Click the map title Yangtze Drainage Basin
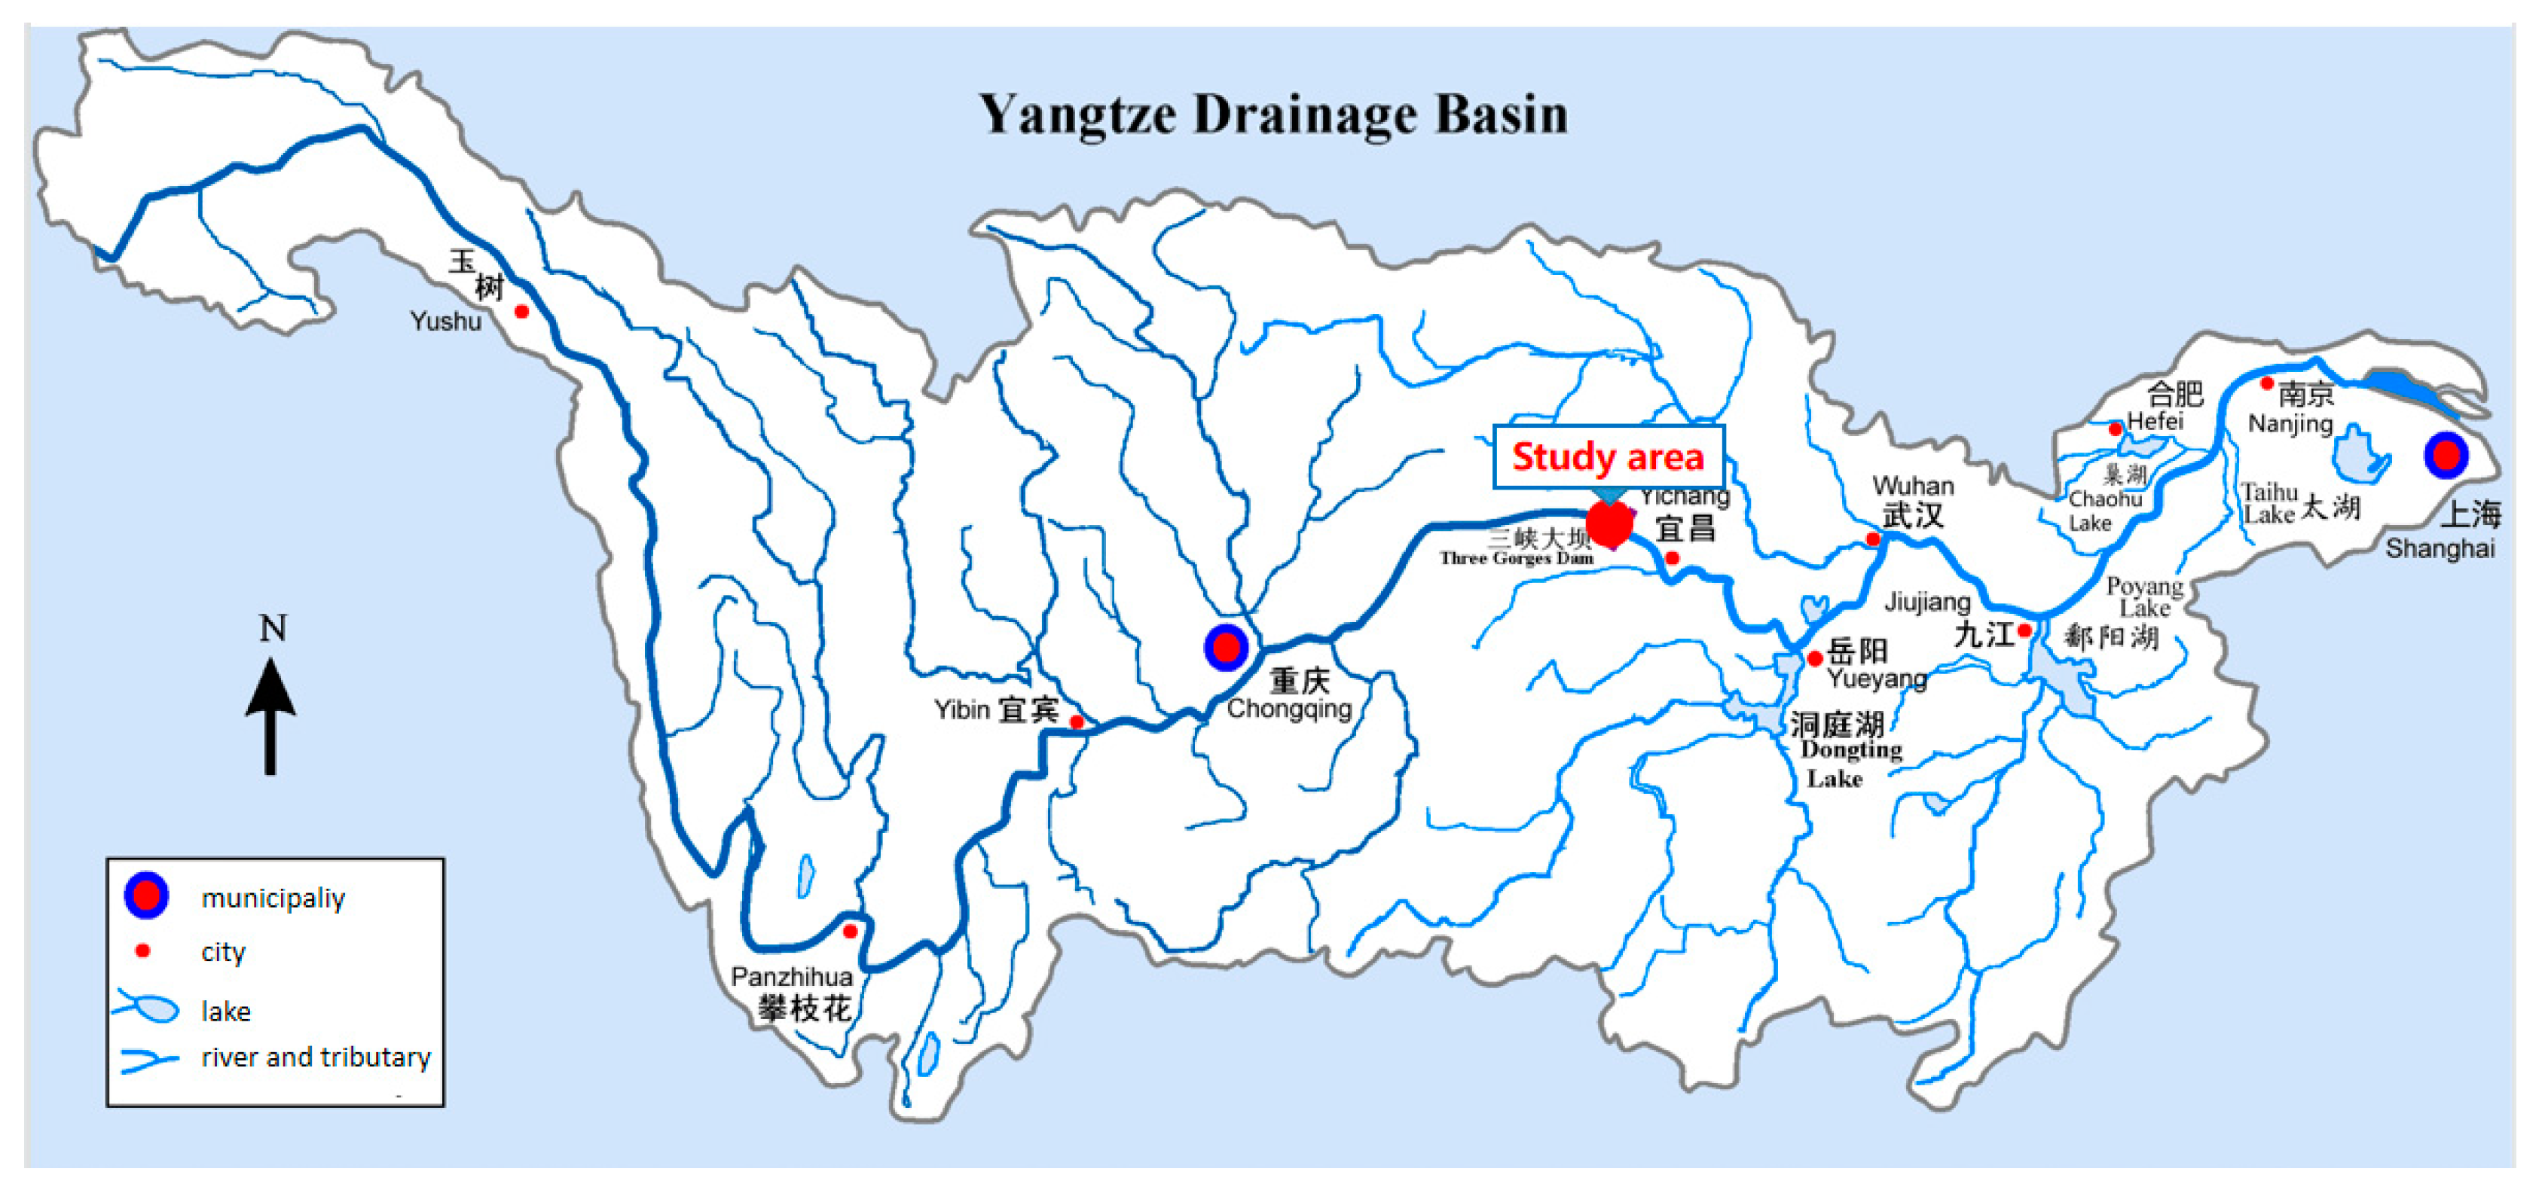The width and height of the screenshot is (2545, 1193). point(1272,115)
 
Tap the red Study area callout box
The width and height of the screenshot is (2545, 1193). point(1608,456)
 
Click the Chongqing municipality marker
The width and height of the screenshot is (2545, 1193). point(1226,648)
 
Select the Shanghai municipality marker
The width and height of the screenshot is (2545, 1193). point(2446,455)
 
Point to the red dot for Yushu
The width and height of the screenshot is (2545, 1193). point(521,312)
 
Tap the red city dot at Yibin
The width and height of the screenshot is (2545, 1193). point(1077,722)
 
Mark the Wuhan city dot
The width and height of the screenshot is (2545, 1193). point(1872,539)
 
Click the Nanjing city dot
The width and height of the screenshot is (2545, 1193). point(2268,383)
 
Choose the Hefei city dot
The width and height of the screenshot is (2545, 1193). point(2116,429)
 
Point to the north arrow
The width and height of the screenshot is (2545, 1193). point(270,716)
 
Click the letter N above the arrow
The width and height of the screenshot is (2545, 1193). point(273,628)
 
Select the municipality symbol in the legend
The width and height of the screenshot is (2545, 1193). point(146,895)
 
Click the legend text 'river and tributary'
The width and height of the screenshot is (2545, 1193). point(316,1057)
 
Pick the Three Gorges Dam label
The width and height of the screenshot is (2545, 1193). point(1516,558)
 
